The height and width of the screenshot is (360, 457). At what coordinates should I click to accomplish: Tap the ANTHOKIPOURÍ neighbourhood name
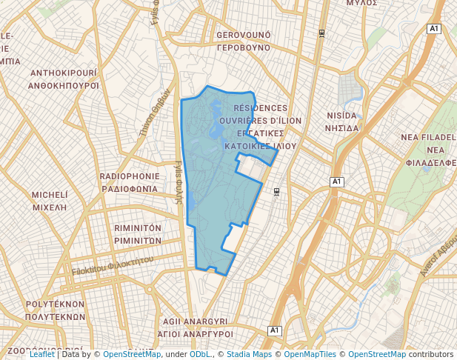point(64,73)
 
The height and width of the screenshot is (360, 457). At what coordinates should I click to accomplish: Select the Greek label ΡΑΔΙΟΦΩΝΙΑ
point(129,189)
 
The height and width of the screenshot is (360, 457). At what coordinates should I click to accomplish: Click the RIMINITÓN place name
point(139,228)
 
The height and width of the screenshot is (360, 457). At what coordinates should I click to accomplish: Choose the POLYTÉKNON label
point(56,304)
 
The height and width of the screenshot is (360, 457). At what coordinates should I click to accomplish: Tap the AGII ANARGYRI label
point(195,321)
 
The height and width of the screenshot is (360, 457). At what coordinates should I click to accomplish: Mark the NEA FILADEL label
point(428,138)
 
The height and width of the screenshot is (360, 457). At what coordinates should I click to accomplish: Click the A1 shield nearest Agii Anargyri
point(275,330)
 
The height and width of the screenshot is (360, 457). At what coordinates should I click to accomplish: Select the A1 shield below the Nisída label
point(337,181)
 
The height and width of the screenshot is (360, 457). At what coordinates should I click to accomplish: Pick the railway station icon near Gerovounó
point(321,33)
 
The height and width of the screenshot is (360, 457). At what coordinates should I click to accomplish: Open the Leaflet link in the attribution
point(41,354)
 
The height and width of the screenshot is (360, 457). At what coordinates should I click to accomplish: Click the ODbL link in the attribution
point(199,354)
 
